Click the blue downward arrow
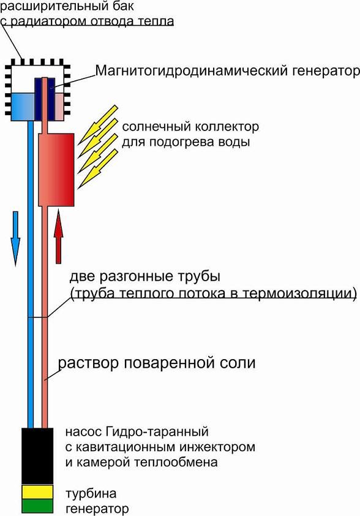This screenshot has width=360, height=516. (15, 238)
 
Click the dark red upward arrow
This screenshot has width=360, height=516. (58, 237)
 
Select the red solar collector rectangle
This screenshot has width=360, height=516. (56, 170)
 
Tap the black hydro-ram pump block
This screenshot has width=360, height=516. (37, 456)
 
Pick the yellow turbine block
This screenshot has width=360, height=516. (37, 491)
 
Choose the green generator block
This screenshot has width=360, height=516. (37, 506)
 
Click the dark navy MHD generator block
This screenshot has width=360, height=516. (45, 99)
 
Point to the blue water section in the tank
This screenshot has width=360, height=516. (23, 107)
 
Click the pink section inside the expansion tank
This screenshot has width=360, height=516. (59, 107)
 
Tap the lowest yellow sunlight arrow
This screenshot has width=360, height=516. (97, 169)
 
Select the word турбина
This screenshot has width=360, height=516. (91, 493)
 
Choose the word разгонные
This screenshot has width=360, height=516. (136, 276)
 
